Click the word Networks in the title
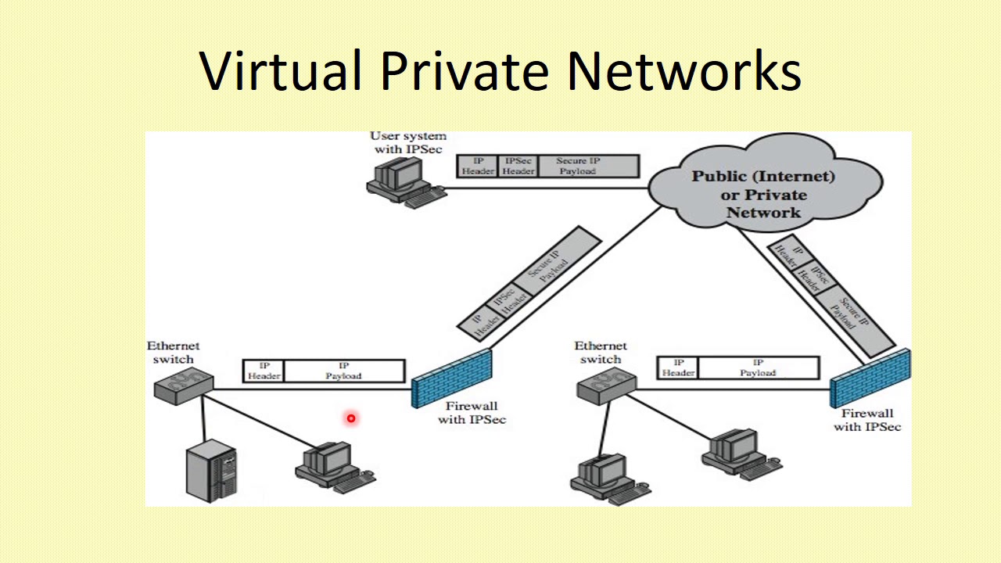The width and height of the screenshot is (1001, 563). tap(683, 70)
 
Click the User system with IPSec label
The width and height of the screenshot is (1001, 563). tap(407, 142)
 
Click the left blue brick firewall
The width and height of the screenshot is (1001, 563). tap(452, 378)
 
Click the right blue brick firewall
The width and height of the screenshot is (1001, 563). tap(870, 377)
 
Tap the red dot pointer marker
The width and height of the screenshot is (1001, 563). tap(351, 418)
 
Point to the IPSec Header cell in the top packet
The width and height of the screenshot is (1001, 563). tap(518, 166)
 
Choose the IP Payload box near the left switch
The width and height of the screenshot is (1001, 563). tap(343, 371)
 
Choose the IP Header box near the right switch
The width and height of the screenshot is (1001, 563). tap(678, 368)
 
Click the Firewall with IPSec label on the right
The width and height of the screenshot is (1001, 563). tap(866, 420)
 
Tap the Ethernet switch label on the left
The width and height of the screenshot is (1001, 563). tap(174, 352)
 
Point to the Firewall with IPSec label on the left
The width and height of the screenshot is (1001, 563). tap(472, 413)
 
